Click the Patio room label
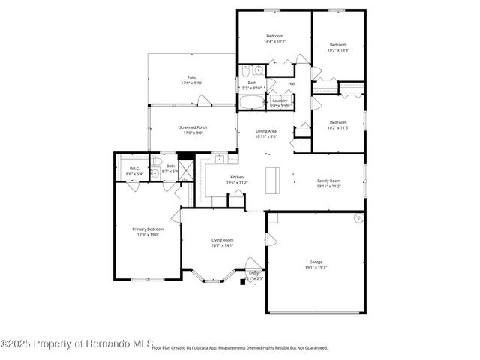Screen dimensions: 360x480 click(x=192, y=77)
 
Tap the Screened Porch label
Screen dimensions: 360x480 click(x=193, y=127)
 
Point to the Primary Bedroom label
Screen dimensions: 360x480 click(x=148, y=229)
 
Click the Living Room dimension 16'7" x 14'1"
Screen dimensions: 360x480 click(x=223, y=245)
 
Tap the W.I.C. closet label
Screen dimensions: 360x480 click(x=135, y=168)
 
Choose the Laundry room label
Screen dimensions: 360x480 click(x=280, y=100)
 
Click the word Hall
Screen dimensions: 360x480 click(x=292, y=83)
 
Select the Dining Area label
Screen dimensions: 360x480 click(x=266, y=131)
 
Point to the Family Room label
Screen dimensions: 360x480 click(x=328, y=181)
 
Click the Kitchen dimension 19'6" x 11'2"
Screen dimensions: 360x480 click(x=237, y=182)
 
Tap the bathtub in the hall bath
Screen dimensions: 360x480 click(x=252, y=102)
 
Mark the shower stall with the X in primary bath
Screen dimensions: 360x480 click(x=186, y=169)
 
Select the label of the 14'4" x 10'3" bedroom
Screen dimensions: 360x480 click(x=274, y=36)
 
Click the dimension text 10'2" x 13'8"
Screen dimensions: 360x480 click(x=339, y=49)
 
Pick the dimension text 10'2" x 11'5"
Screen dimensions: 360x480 click(x=339, y=127)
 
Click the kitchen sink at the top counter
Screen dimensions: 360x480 click(x=220, y=158)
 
